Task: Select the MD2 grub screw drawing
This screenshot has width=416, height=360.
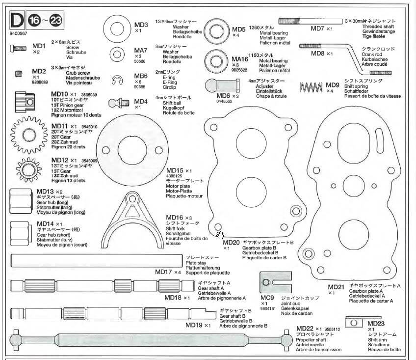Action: click(18, 74)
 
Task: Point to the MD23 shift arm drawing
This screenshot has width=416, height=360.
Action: click(355, 322)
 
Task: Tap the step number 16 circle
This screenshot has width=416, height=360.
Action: click(35, 20)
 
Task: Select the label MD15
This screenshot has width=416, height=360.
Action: click(175, 170)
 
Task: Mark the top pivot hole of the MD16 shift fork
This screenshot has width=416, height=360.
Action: click(131, 198)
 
